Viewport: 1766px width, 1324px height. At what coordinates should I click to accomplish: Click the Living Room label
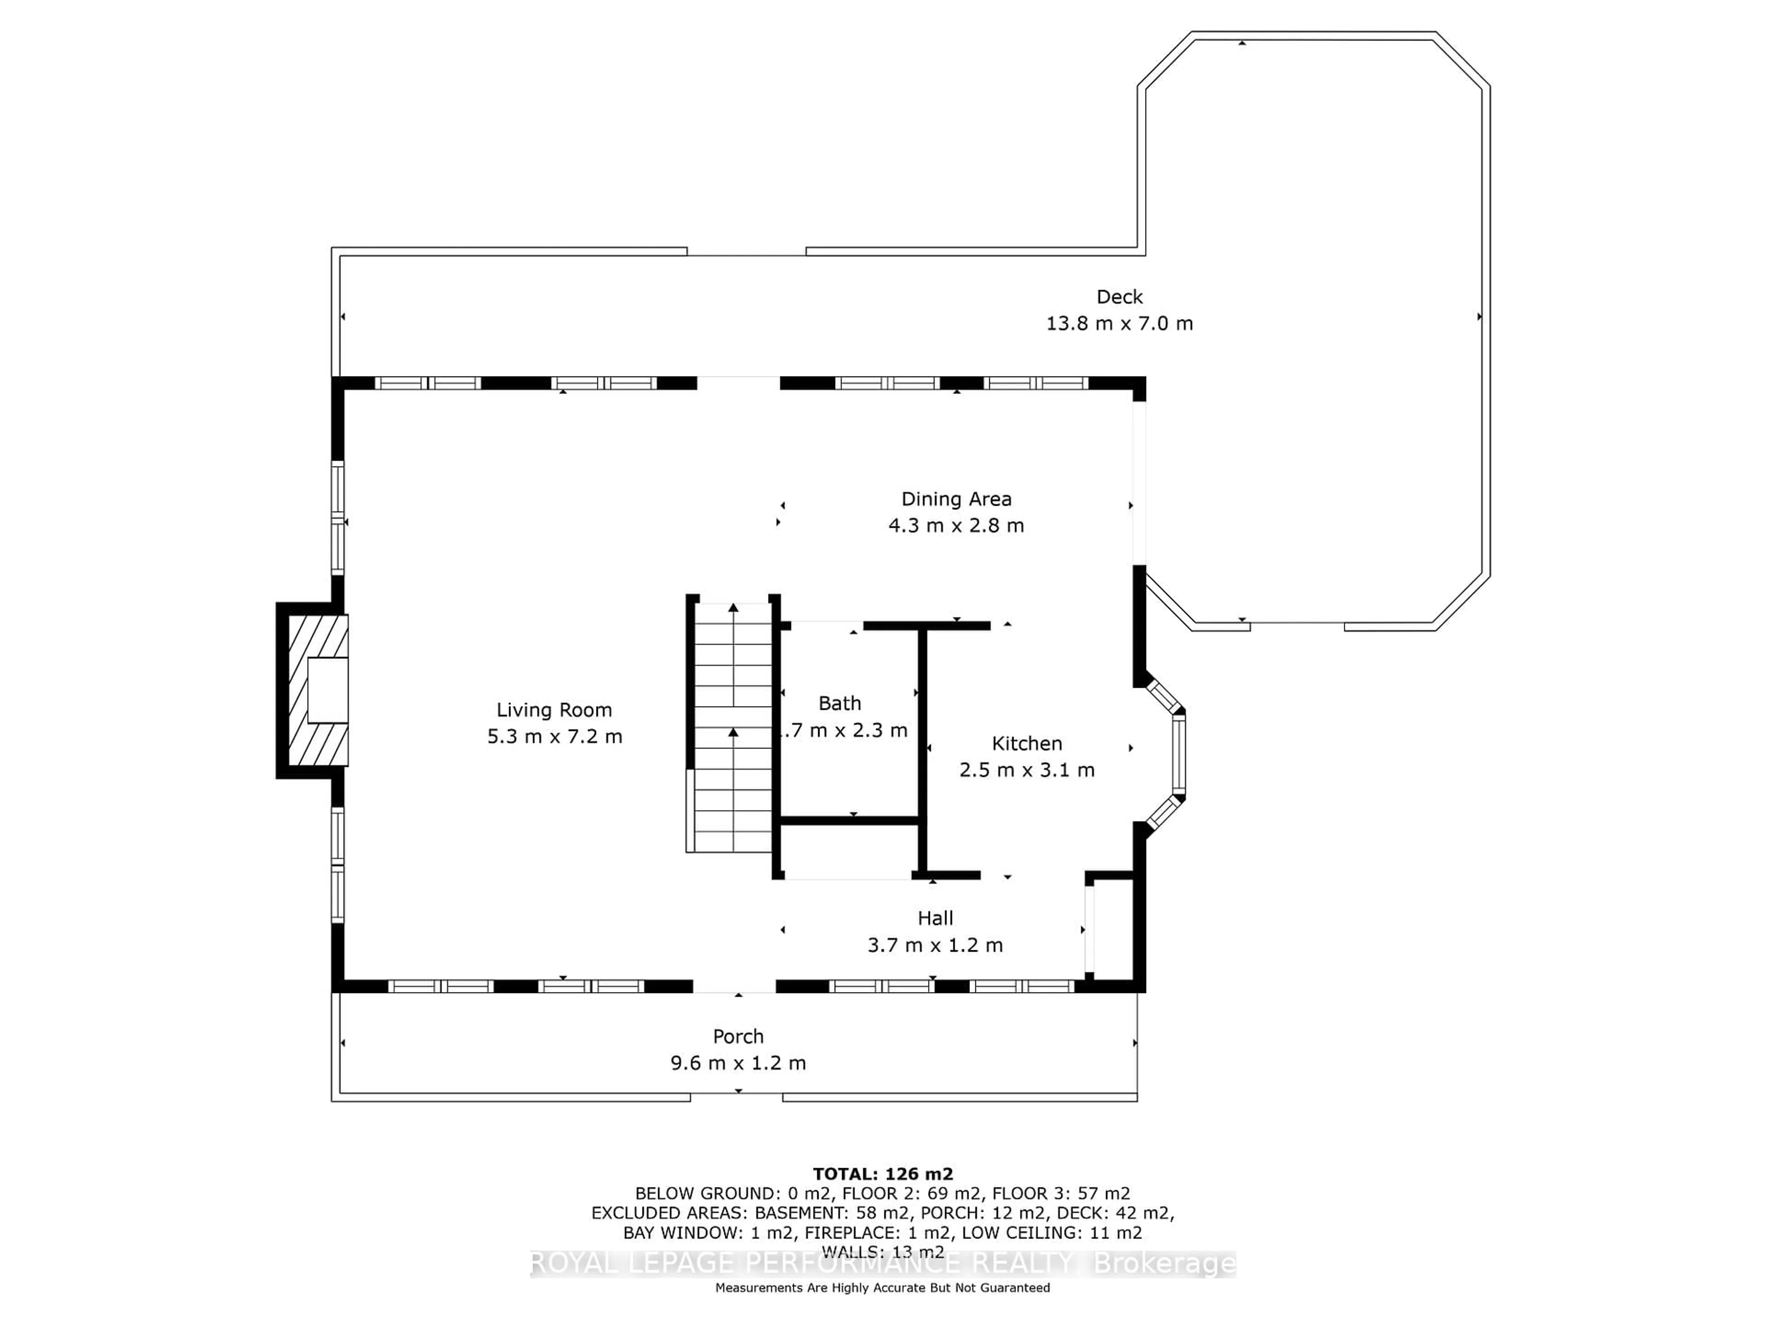pos(554,709)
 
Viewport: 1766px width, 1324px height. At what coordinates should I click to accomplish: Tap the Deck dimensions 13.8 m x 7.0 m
pos(1119,323)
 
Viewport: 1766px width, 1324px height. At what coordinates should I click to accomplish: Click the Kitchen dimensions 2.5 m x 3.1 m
pos(1026,769)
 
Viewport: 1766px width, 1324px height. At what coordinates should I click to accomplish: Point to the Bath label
pos(839,703)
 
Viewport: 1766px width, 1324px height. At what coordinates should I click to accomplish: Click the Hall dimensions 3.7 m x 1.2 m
pos(935,945)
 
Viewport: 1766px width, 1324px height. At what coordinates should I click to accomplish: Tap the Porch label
pos(738,1036)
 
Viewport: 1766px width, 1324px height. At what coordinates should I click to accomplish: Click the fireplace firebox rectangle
pos(327,691)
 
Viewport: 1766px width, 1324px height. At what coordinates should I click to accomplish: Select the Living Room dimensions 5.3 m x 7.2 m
pos(554,736)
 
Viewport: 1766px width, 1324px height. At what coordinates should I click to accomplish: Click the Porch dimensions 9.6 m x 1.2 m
pos(738,1063)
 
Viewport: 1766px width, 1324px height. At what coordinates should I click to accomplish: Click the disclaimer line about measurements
pos(882,1287)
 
